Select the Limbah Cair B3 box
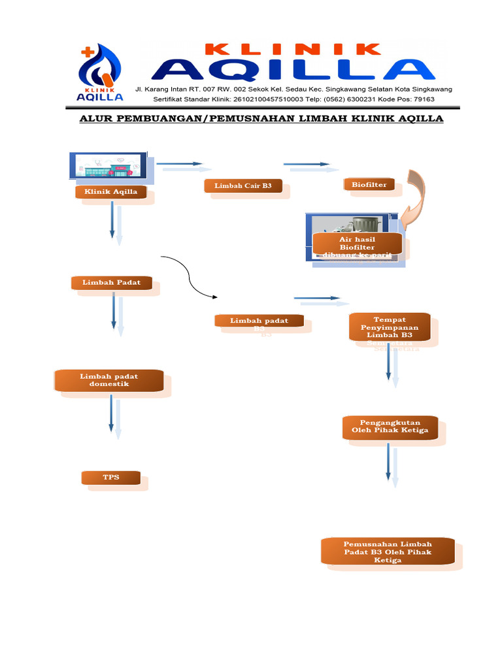(243, 186)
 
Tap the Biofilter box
(369, 185)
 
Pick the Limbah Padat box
(112, 283)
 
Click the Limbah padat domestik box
(109, 380)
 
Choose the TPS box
(111, 478)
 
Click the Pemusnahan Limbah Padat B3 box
(388, 551)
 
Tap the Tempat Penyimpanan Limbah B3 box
(390, 327)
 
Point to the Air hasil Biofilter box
(356, 244)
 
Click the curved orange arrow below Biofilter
(413, 196)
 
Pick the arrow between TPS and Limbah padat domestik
(112, 416)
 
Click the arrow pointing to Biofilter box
(307, 164)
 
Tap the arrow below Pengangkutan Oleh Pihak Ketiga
(390, 464)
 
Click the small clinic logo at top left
(100, 74)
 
